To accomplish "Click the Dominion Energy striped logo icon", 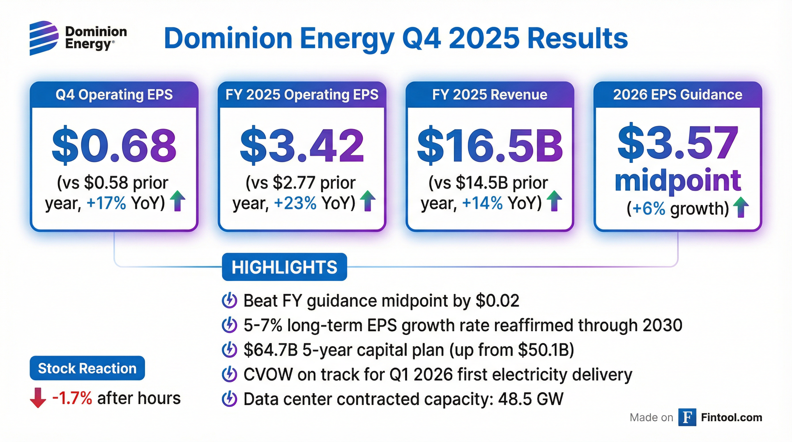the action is tap(44, 38).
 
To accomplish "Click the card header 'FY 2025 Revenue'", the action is tap(490, 95).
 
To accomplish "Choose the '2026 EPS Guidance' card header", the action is tap(678, 95).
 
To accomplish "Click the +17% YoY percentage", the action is tap(106, 203).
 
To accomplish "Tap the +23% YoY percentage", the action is tap(295, 203).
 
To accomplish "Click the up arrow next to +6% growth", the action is tap(741, 207).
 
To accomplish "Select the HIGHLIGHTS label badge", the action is tap(284, 267).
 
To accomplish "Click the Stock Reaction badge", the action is tap(87, 368).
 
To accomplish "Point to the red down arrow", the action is tap(38, 398).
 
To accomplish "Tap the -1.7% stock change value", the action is tap(72, 398).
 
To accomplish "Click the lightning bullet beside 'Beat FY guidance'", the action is tap(229, 301).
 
